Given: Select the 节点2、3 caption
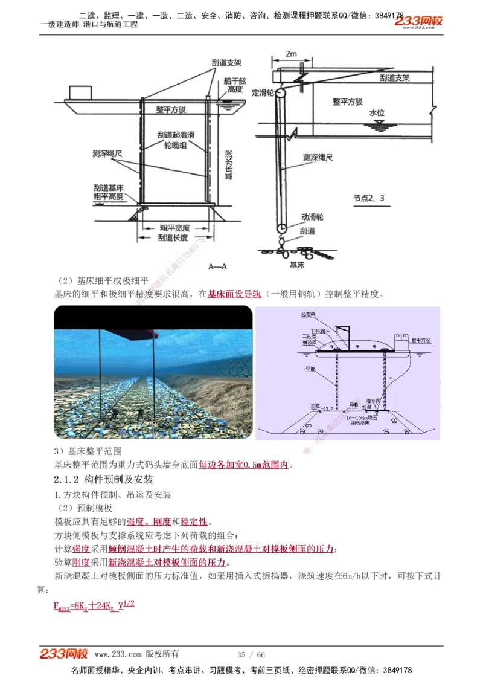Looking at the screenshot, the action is coord(369,198).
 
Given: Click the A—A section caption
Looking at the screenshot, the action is coord(216,266).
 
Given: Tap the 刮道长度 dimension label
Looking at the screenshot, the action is coord(174,238).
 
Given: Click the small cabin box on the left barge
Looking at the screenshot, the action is coord(78,92).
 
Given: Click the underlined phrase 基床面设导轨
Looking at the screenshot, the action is coord(234,294).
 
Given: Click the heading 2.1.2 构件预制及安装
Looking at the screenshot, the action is coord(104,479).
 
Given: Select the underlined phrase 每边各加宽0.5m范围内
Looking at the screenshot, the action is coord(244,465).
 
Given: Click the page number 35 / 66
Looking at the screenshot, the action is coord(251,655).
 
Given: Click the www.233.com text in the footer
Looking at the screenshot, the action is coord(118,654).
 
